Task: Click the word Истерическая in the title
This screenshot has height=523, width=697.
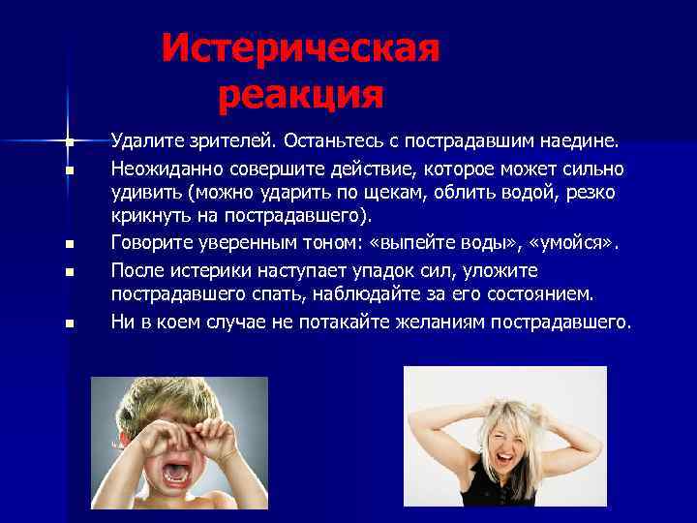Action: [300, 47]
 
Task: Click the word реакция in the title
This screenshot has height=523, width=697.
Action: [300, 94]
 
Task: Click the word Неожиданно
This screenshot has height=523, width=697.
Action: [164, 169]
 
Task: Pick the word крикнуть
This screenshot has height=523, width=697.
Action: [150, 216]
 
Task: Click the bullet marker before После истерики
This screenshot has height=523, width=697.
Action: [70, 272]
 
